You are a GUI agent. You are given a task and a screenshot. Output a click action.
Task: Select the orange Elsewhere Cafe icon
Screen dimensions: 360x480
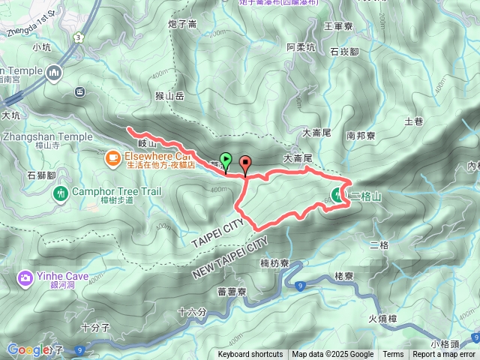[x=112, y=157]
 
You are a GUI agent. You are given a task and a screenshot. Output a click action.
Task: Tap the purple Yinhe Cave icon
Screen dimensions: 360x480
[x=24, y=278]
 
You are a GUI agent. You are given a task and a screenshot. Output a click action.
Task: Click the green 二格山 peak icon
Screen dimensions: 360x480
[x=338, y=196]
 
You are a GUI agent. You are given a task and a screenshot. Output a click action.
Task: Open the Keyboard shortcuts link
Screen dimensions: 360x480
[x=250, y=355]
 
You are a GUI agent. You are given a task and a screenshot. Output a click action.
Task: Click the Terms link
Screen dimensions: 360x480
[x=393, y=355]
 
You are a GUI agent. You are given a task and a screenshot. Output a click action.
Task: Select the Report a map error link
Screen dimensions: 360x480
[x=444, y=355]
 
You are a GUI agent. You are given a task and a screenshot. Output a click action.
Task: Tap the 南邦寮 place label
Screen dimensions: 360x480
[x=361, y=136]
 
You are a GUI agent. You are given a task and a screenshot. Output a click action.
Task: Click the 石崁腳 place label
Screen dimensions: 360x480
[x=344, y=52]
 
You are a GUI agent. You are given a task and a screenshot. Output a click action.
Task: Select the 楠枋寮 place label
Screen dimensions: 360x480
[x=275, y=264]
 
